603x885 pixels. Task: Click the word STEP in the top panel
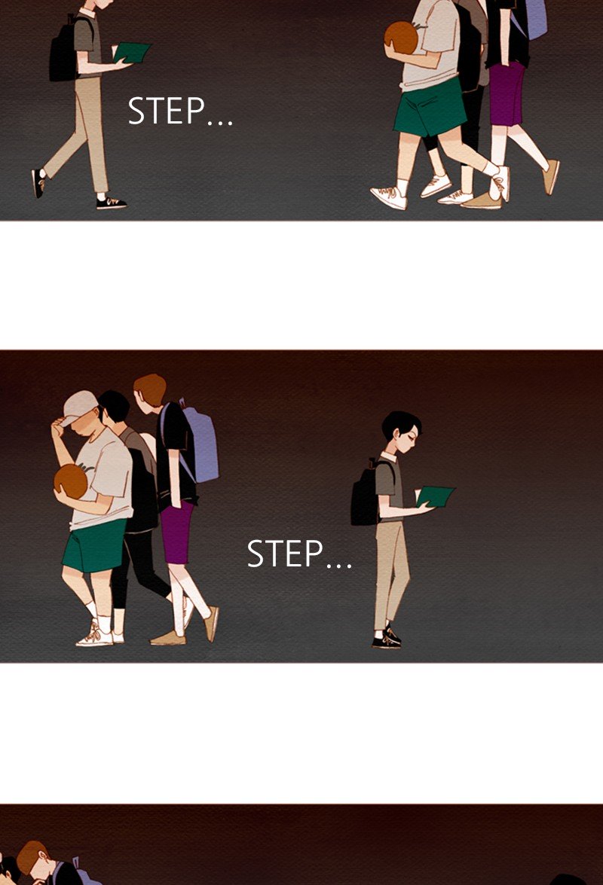tap(166, 111)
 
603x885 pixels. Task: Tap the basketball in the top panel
tap(402, 38)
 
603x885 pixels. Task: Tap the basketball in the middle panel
tap(71, 481)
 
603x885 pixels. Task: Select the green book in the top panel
tap(132, 53)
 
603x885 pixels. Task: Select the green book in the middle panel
tap(435, 496)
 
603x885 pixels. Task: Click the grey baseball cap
tap(78, 407)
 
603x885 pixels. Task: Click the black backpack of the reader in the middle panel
tap(365, 494)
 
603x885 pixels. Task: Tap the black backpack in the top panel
tap(63, 50)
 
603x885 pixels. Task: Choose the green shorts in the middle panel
tap(93, 546)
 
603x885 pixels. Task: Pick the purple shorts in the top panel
tap(507, 93)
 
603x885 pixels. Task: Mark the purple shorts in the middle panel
tap(177, 533)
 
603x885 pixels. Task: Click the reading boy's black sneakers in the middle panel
tap(387, 639)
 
